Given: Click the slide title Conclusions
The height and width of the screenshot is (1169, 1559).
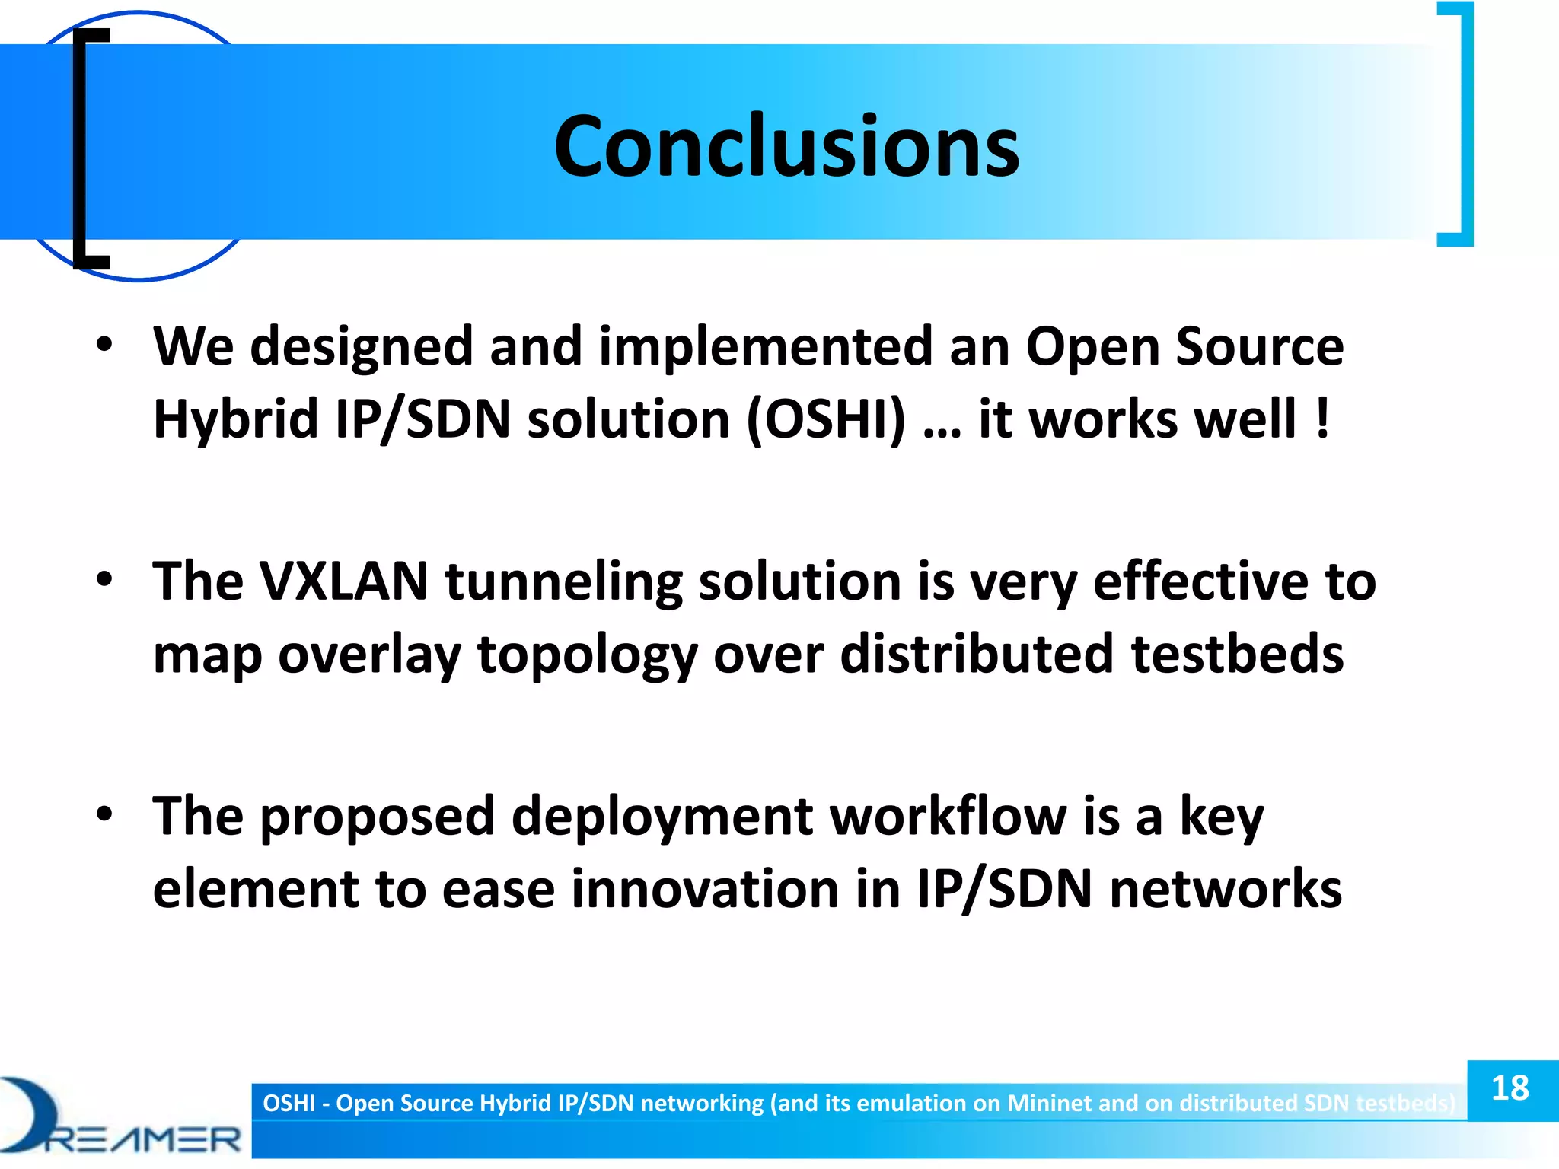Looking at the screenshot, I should (786, 146).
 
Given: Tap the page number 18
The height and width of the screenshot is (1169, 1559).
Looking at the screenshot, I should (1510, 1088).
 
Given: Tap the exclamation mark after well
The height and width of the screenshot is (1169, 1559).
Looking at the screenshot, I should (1323, 419).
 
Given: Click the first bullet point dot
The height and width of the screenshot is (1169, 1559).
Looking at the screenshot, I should (104, 345).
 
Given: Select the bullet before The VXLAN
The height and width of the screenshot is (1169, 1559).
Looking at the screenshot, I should (104, 580).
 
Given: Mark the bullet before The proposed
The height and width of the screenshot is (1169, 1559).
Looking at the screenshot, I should (104, 815).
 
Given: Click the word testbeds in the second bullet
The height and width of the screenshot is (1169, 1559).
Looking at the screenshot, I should (1237, 655).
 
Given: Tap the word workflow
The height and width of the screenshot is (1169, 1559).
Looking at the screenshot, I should (948, 817).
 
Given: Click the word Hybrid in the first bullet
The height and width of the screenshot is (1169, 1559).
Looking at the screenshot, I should (234, 419).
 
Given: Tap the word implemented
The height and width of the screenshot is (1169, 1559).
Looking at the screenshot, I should (765, 346).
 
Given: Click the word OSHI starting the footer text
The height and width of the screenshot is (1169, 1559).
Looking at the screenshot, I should (289, 1104).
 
